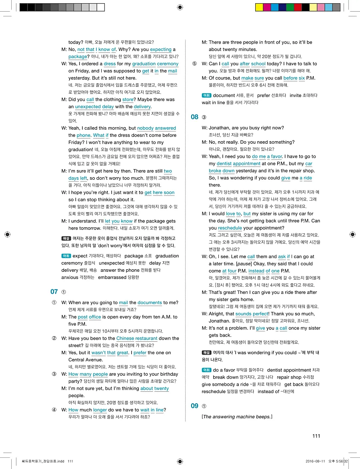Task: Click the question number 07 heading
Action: pos(54,292)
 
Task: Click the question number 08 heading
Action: pos(194,117)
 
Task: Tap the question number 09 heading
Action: pos(194,406)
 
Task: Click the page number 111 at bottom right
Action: pos(316,436)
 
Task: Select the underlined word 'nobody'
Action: pos(145,128)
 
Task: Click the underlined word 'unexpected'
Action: pos(88,107)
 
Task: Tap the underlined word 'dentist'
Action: pos(224,164)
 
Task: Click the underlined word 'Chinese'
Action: pos(125,338)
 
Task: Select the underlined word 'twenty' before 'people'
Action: pos(162,388)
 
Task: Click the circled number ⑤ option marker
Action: pos(194,64)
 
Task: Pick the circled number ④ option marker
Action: pos(54,410)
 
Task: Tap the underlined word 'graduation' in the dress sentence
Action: pos(144,64)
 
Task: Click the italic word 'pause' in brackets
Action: pos(243,264)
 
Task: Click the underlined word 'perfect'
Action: pos(260,314)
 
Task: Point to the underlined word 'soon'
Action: pos(169,192)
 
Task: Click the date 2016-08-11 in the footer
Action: pos(317,461)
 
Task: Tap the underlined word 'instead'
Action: pos(256,271)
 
